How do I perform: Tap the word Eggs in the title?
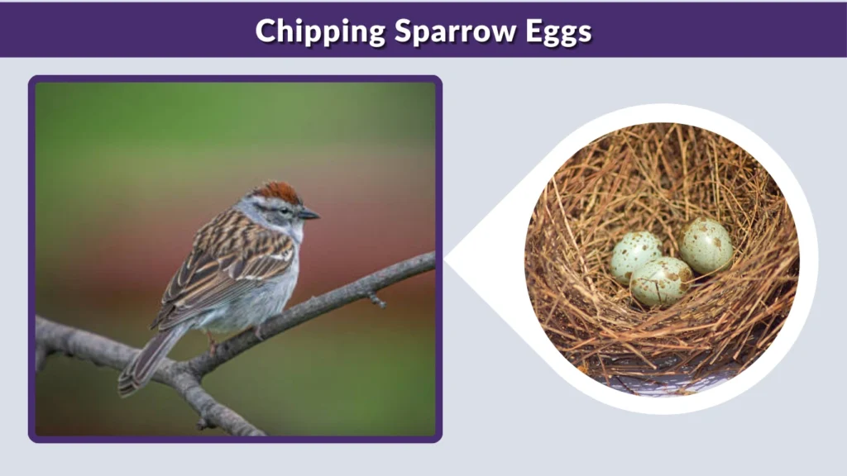(x=560, y=31)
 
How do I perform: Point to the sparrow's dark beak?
(x=309, y=215)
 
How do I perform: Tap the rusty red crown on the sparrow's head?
(x=277, y=193)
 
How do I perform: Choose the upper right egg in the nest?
(x=706, y=245)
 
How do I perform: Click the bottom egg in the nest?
(x=661, y=281)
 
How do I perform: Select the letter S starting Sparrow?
(x=403, y=31)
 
